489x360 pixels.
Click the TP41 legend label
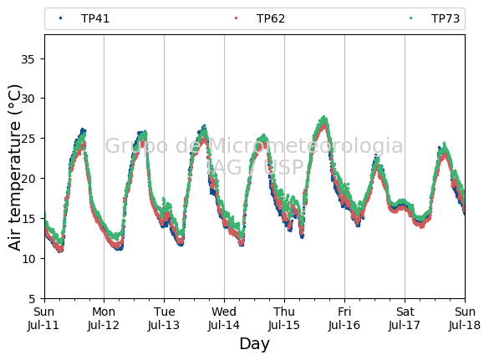[x=95, y=18]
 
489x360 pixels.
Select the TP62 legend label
[x=271, y=18]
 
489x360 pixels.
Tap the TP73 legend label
[x=446, y=18]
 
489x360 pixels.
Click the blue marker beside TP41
[x=60, y=18]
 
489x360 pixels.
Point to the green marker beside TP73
[x=410, y=18]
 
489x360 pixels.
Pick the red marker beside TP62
[x=236, y=18]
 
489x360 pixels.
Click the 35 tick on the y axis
[x=28, y=59]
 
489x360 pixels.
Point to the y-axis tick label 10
[x=28, y=259]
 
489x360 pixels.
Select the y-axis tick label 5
[x=32, y=299]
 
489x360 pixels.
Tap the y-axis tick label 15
[x=28, y=219]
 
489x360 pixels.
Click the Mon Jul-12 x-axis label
[x=104, y=318]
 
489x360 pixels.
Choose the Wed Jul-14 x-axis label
[x=224, y=318]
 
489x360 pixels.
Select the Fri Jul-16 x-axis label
[x=344, y=318]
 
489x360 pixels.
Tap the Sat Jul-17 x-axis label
[x=405, y=318]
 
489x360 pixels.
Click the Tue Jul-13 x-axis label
[x=164, y=318]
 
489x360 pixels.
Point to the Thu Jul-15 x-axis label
[x=284, y=318]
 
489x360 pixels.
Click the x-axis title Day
[x=254, y=344]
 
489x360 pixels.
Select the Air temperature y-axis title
[x=15, y=168]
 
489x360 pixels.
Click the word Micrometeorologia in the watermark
[x=305, y=145]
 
